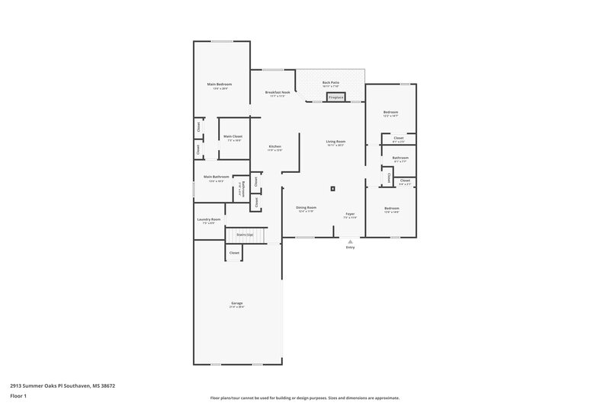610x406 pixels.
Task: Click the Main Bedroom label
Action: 220,84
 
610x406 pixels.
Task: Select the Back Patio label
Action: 331,82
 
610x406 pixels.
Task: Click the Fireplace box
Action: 336,98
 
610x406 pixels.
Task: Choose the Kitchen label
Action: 275,146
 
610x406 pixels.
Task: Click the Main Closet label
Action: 233,136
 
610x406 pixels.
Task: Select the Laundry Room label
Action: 208,219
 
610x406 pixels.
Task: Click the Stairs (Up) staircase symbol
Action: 246,238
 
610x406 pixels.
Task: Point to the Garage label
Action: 237,303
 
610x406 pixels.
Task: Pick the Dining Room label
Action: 307,208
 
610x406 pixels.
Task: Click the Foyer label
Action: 350,214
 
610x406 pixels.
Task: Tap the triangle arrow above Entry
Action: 351,241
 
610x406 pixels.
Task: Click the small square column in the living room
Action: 333,188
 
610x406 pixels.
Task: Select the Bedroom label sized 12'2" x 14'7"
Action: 390,113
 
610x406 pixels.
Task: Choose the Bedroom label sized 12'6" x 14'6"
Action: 392,208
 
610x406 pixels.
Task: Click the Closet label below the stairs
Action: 235,252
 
